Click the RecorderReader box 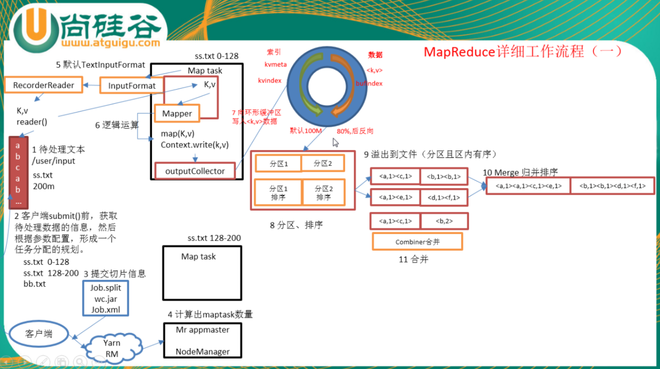click(x=44, y=85)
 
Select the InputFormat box click(x=132, y=86)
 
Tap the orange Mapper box click(x=177, y=114)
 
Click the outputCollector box click(x=195, y=171)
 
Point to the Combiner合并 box click(x=417, y=242)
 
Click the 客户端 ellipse click(x=39, y=334)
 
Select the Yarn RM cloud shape click(x=112, y=348)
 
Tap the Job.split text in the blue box click(x=105, y=288)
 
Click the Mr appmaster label click(x=203, y=330)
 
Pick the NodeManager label click(x=203, y=352)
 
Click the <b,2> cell click(x=444, y=221)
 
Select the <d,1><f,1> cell click(x=444, y=197)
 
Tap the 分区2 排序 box click(x=324, y=193)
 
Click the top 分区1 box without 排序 click(x=279, y=164)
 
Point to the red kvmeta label click(x=276, y=64)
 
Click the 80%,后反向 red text click(x=355, y=131)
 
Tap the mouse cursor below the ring click(x=335, y=142)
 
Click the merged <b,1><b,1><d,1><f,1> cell click(x=612, y=186)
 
